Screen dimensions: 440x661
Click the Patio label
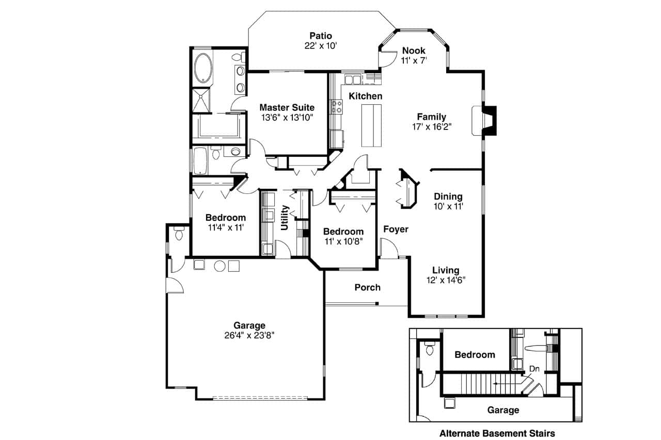click(320, 36)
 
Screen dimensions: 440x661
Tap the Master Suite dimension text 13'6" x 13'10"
click(287, 118)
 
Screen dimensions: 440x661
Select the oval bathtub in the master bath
click(203, 68)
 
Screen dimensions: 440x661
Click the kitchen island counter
click(370, 125)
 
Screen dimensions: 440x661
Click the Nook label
click(413, 51)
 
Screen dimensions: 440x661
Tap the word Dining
click(448, 197)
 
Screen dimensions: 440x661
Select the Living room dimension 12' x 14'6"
click(446, 281)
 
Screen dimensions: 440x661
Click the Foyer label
click(396, 229)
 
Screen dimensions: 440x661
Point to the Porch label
click(367, 287)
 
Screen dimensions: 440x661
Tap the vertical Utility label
click(285, 217)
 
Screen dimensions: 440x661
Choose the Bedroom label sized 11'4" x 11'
click(225, 217)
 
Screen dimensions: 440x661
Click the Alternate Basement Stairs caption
click(497, 433)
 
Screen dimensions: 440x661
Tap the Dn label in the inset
click(534, 369)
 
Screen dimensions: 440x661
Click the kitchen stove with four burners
click(337, 107)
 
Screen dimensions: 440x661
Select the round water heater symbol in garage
click(219, 266)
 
